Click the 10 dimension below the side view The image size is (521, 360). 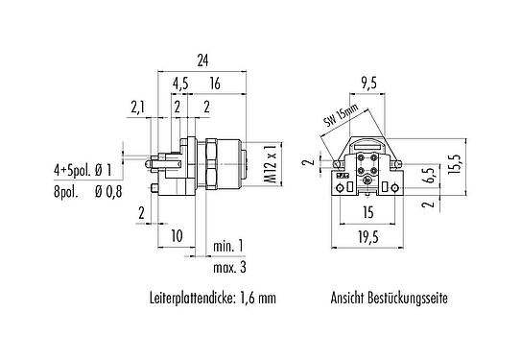click(177, 234)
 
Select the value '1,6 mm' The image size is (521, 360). click(256, 299)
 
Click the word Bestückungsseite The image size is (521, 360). click(408, 299)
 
